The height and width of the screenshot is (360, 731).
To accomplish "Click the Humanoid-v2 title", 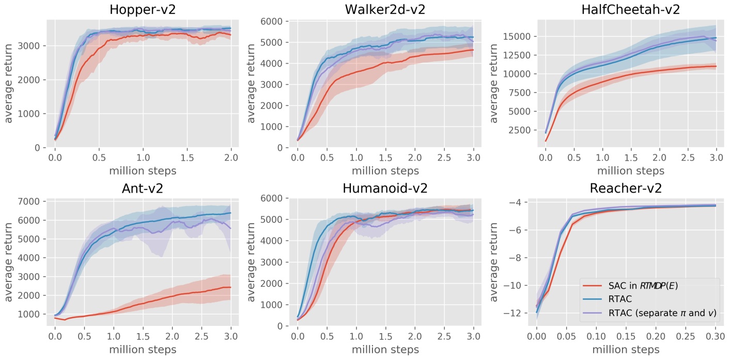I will tap(385, 189).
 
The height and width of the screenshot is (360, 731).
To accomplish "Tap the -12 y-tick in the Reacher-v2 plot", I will tap(522, 313).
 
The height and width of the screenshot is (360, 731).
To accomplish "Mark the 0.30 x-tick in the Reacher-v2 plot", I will tap(716, 335).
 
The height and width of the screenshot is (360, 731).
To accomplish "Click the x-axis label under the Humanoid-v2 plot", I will tap(385, 350).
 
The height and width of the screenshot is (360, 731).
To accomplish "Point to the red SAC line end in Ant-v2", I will tap(230, 287).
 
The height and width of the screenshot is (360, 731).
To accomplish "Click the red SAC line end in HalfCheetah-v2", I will tap(716, 66).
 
